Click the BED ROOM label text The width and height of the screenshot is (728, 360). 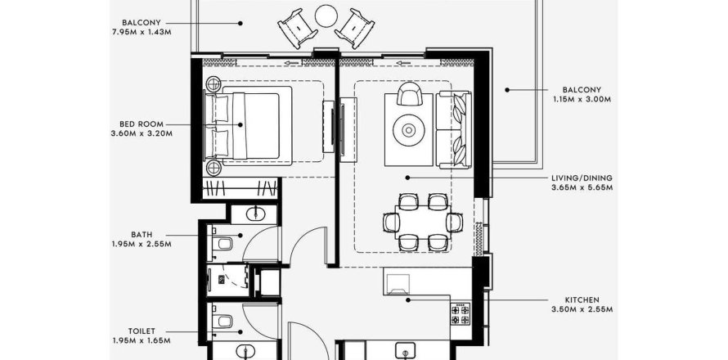[142, 124]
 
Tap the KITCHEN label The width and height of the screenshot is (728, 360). [582, 300]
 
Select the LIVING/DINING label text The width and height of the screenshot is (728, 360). [582, 178]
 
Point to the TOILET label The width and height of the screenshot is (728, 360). [142, 331]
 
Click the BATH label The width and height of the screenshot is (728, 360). [142, 235]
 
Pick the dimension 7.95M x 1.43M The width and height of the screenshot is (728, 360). [142, 32]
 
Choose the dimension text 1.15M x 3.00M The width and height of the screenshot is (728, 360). [582, 99]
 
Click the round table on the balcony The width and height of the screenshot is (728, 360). [326, 16]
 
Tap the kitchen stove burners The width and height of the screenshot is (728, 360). [460, 314]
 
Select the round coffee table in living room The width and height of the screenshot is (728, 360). [408, 131]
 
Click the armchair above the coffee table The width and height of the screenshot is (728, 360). [410, 93]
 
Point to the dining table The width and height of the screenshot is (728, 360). [423, 222]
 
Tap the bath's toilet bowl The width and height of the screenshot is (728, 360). [223, 242]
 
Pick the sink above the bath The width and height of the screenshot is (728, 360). [254, 214]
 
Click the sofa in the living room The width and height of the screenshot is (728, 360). [454, 130]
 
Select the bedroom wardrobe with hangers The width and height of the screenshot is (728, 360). [240, 187]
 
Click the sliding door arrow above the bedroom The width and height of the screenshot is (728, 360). [292, 63]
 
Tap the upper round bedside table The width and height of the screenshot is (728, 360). [213, 84]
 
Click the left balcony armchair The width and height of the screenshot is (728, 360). [298, 29]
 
